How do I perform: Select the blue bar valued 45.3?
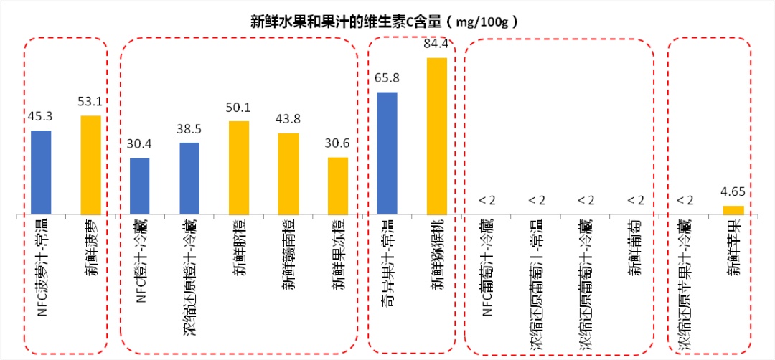point(41,172)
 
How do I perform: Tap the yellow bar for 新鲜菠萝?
point(90,165)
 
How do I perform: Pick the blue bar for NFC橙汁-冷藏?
point(140,186)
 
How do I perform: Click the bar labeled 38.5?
point(189,179)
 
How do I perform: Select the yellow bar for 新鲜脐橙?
point(239,168)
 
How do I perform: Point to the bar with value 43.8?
point(288,174)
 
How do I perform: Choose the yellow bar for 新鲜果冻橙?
point(338,186)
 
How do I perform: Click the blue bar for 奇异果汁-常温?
point(387,153)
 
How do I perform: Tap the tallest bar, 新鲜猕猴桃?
point(436,136)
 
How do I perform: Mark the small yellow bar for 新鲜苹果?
point(733,210)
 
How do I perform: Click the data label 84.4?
point(436,45)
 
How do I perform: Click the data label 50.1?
point(239,108)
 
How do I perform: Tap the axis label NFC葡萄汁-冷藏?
point(487,265)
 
